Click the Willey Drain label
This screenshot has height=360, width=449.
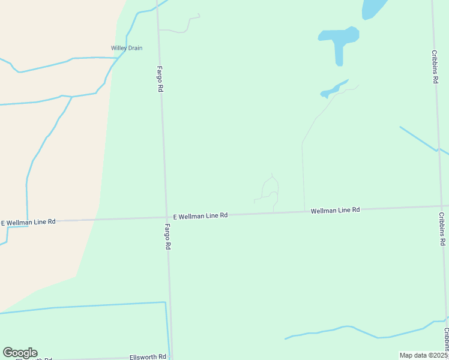coord(127,48)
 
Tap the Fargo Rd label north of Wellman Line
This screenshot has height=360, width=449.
coord(161,79)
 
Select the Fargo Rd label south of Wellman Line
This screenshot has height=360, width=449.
coord(169,237)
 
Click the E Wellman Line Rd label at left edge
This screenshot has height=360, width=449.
coord(28,222)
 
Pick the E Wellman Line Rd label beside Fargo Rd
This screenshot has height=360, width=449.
coord(200,215)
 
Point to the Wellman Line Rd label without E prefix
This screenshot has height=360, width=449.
coord(335,210)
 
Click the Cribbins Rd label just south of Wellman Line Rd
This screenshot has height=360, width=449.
coord(442,229)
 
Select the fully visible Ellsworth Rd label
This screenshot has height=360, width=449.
coord(148,357)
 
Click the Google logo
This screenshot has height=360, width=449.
coord(20,353)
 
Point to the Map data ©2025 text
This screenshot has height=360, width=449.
coord(423,355)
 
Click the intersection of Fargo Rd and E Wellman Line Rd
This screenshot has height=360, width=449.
coord(167,218)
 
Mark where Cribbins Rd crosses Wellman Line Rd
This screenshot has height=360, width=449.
coord(438,206)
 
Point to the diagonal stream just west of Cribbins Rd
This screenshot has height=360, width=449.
coord(419,138)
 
